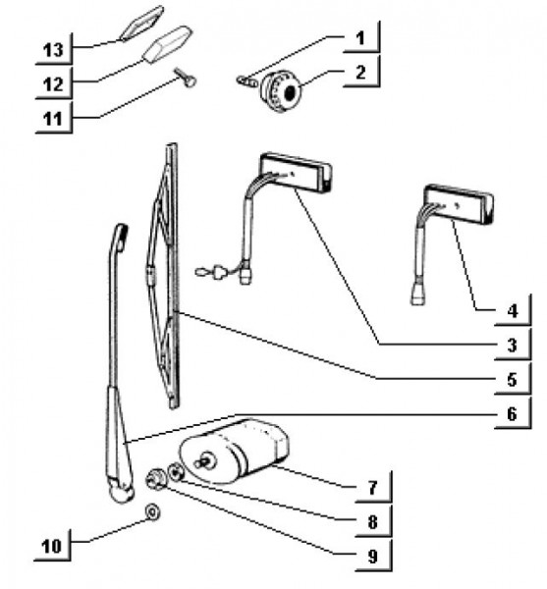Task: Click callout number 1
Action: tap(360, 38)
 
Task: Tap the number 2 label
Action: tap(360, 72)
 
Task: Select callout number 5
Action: tap(512, 379)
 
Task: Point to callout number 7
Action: tap(372, 488)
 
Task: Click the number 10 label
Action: tap(51, 546)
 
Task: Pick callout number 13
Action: tap(53, 50)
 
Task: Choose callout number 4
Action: tap(512, 311)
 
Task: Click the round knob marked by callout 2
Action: tap(280, 92)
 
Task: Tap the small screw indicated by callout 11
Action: tap(186, 77)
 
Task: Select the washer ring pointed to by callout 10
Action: tap(152, 511)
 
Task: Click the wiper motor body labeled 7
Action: tap(235, 450)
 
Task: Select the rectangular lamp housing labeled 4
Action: tap(459, 204)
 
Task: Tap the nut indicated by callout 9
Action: tap(156, 478)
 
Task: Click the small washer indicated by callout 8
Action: tap(176, 472)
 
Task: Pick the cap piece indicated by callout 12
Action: tap(168, 44)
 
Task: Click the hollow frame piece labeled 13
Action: tap(141, 24)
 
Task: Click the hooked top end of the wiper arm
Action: tap(120, 237)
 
